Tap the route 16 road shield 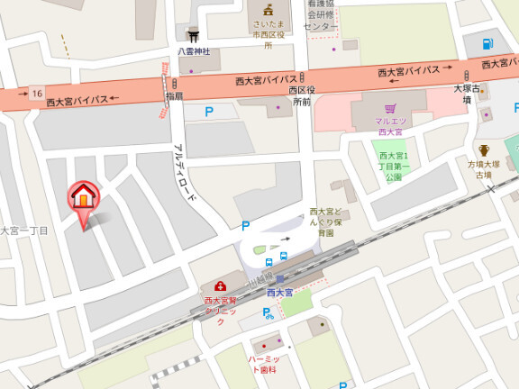[36, 93]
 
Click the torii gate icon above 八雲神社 [192, 36]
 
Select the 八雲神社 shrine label [193, 51]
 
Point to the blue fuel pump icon [487, 43]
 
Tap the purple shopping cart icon [390, 108]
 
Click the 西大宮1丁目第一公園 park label [393, 166]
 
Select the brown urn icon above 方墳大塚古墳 [484, 150]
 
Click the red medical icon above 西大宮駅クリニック [220, 286]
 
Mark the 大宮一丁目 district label [23, 231]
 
